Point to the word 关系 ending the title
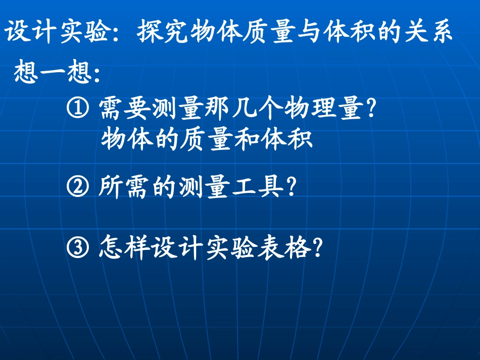pos(428,33)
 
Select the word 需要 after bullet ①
pos(125,109)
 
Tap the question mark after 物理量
pos(372,109)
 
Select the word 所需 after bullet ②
pos(125,188)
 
